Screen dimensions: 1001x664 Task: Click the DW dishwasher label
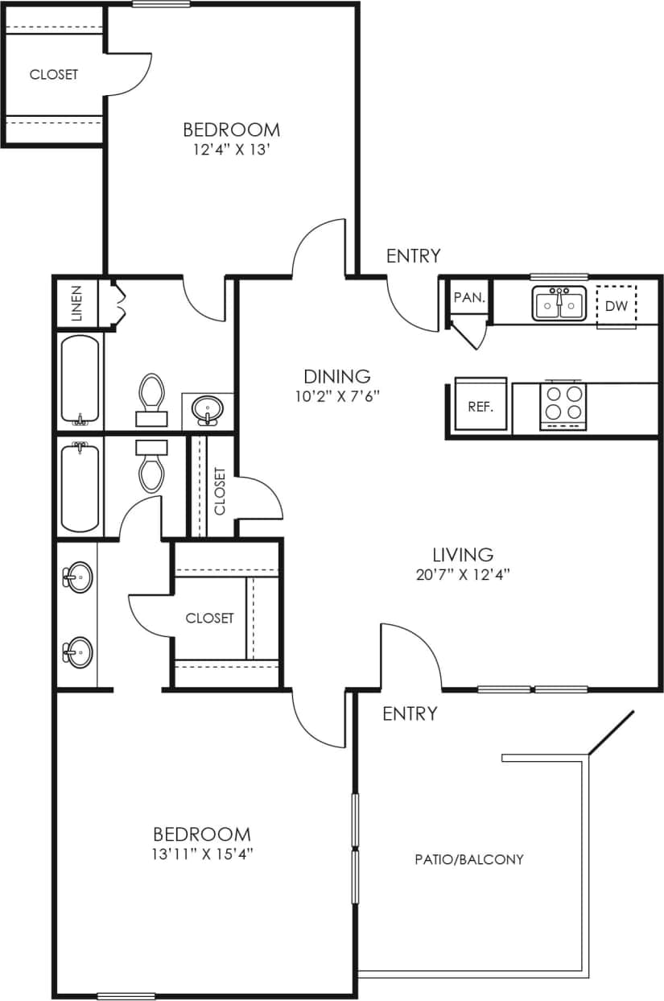click(x=617, y=306)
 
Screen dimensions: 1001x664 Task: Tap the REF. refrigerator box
click(x=480, y=405)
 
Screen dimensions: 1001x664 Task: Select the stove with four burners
click(x=563, y=403)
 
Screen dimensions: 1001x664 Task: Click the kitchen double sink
click(x=558, y=304)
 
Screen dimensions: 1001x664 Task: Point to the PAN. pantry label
click(x=468, y=297)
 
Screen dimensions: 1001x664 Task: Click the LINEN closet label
click(x=77, y=304)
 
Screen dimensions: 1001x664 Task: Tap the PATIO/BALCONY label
click(x=469, y=859)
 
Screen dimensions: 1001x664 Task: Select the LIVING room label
click(x=463, y=554)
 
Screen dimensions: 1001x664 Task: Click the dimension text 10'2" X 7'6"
click(x=337, y=395)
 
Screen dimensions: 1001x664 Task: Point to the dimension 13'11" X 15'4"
click(x=201, y=854)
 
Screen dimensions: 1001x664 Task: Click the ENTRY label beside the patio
click(x=410, y=714)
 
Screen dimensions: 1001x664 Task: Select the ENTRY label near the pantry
click(x=414, y=256)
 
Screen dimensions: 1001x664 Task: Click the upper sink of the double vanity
click(x=78, y=577)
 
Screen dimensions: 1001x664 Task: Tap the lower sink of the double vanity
click(x=78, y=650)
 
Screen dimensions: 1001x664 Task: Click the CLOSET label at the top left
click(x=54, y=75)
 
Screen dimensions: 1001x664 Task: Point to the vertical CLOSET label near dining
click(x=220, y=490)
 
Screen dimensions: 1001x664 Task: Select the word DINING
click(x=337, y=375)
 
